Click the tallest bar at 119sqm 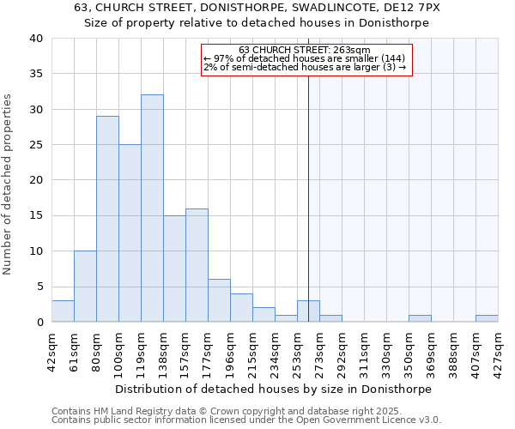152,208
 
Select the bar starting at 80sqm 107,219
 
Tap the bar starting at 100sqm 130,233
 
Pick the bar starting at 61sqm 85,287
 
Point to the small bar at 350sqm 420,318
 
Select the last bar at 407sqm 487,318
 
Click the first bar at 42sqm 63,311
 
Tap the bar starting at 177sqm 219,300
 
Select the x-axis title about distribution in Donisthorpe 273,389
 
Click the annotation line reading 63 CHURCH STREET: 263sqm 305,50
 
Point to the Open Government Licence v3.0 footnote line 246,420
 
